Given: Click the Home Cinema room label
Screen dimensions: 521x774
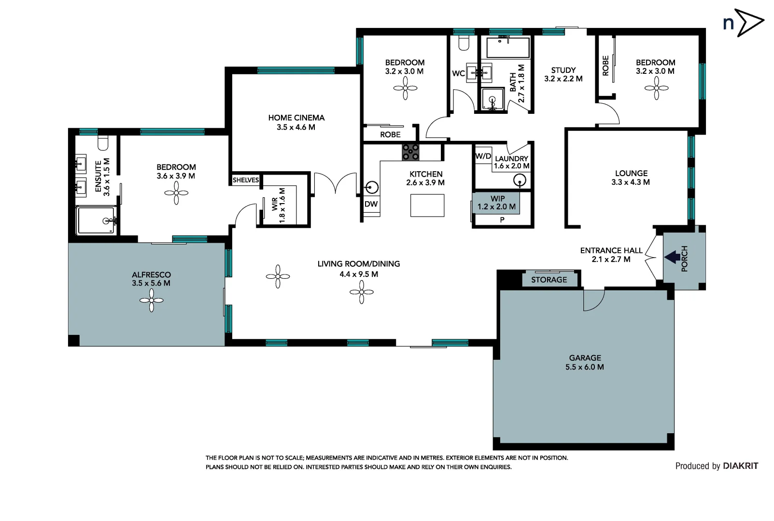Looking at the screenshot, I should [296, 118].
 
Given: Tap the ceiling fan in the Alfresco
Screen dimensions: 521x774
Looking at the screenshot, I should [152, 301].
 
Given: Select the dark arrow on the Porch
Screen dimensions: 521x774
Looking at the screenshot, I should [672, 257].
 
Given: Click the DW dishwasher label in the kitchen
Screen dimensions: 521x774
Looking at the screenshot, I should [371, 204].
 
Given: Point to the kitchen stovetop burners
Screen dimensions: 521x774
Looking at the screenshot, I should [410, 152].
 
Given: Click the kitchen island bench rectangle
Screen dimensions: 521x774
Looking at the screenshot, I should [427, 206].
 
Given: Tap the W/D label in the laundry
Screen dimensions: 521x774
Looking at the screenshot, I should [483, 156].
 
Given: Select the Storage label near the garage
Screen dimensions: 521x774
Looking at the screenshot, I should [549, 280].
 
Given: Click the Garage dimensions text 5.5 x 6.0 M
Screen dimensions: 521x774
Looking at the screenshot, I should [585, 367].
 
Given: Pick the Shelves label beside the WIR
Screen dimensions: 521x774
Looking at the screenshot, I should [246, 180].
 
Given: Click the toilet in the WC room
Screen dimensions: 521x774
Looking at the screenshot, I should [464, 43].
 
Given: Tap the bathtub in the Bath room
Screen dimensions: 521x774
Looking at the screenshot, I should [508, 48].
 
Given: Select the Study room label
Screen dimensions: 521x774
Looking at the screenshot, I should [563, 70].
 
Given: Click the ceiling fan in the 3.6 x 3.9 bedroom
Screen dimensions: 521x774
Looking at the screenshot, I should [176, 193].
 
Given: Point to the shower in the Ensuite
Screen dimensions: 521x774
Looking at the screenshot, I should [97, 220].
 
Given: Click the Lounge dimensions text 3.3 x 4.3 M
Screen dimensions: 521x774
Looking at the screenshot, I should [631, 182].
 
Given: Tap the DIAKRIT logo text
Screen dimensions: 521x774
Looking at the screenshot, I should [740, 466].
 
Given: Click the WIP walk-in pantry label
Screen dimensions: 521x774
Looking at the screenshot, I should [497, 199].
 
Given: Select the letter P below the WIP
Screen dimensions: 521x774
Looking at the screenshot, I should [502, 220].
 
